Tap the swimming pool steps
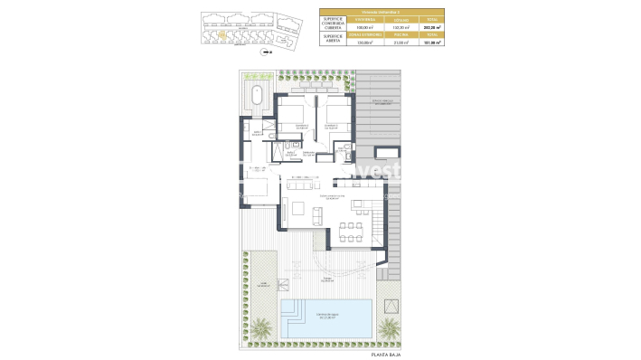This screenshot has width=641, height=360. pyautogui.click(x=294, y=315)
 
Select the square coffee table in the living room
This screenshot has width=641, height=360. pyautogui.click(x=298, y=215)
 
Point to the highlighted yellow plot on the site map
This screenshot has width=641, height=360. pyautogui.click(x=222, y=37)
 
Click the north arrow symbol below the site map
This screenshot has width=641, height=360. pyautogui.click(x=266, y=52)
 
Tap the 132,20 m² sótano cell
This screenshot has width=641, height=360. pyautogui.click(x=391, y=27)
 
